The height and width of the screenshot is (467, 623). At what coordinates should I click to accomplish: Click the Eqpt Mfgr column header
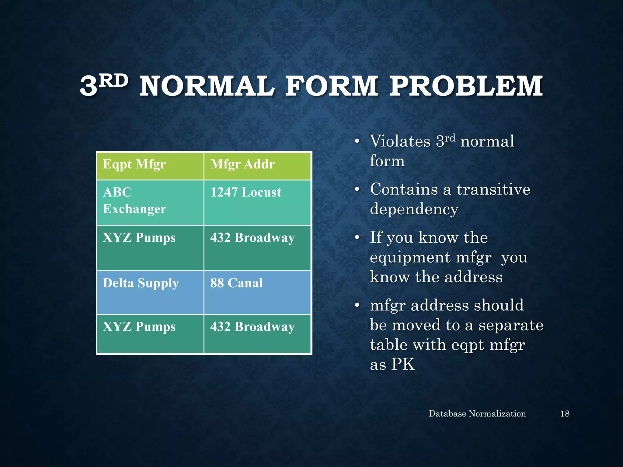click(134, 164)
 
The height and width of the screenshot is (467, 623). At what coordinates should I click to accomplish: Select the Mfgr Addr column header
click(242, 164)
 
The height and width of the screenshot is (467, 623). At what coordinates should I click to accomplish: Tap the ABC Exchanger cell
click(134, 201)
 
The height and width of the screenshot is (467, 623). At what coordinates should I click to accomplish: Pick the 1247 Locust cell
click(245, 192)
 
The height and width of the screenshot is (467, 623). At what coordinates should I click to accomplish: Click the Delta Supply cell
click(141, 283)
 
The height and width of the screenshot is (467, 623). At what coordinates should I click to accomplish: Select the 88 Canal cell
click(236, 283)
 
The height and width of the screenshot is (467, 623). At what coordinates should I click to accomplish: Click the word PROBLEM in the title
click(466, 86)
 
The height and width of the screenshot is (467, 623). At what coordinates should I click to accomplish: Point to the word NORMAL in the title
click(207, 86)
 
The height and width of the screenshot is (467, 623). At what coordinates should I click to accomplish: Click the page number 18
click(565, 414)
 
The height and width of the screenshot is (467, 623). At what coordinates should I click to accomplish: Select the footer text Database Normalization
click(477, 414)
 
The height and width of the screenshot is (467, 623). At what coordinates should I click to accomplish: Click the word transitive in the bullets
click(493, 189)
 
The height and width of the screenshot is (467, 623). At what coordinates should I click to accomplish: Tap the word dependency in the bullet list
click(414, 209)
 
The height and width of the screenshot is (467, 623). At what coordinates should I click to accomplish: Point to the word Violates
click(400, 141)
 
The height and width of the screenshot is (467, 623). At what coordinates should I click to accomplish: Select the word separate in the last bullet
click(511, 325)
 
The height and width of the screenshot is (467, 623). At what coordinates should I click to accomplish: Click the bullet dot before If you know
click(357, 238)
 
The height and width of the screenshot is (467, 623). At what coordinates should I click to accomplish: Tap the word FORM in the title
click(332, 86)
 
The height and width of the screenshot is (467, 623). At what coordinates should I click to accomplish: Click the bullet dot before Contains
click(357, 190)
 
